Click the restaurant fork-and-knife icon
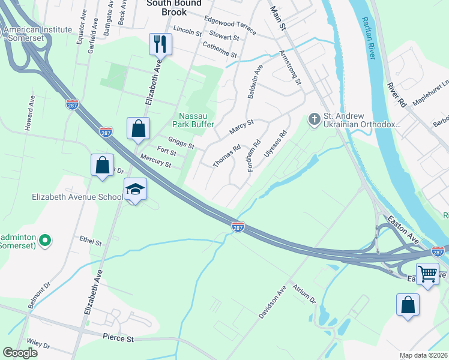pos(160,43)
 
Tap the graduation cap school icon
pos(136,189)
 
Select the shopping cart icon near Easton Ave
pos(427,274)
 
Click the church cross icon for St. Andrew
pos(314,119)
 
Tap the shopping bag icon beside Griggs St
pos(138,128)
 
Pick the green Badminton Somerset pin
pos(44,241)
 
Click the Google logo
pos(20,353)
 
